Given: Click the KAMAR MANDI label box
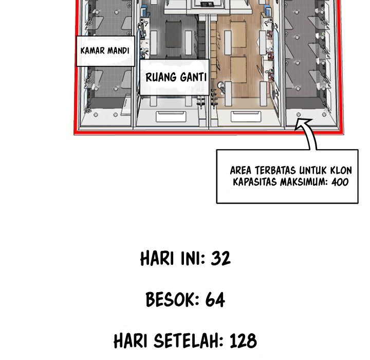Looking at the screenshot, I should pyautogui.click(x=105, y=51).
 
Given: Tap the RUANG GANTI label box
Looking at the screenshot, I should pyautogui.click(x=175, y=78).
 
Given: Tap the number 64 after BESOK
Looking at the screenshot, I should pyautogui.click(x=215, y=299).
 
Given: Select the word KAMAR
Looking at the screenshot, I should pyautogui.click(x=93, y=51).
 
